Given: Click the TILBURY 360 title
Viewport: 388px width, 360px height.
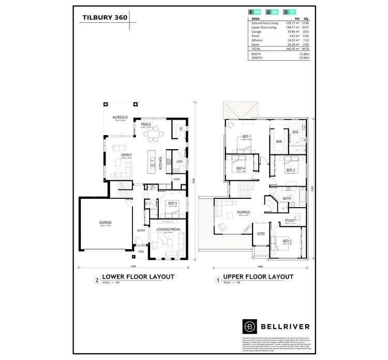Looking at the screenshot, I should [106, 17].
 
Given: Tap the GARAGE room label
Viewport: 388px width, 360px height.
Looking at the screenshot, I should [106, 223].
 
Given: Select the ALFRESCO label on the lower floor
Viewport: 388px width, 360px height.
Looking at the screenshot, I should [120, 118].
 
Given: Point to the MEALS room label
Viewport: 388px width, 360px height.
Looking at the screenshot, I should [145, 124].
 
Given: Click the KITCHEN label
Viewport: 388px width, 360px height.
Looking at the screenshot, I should [161, 163].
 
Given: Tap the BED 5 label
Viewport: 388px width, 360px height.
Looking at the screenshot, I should [172, 204].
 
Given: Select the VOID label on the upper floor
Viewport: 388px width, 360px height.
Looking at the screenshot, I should [261, 234].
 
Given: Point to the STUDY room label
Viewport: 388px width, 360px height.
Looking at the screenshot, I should [290, 221].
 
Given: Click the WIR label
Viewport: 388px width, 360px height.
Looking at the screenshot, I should [278, 141].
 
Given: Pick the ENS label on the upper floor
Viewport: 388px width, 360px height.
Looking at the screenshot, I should [295, 132].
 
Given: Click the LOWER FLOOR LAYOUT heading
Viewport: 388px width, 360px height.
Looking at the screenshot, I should [138, 277].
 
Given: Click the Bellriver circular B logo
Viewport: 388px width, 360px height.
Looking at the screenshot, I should [250, 327].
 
